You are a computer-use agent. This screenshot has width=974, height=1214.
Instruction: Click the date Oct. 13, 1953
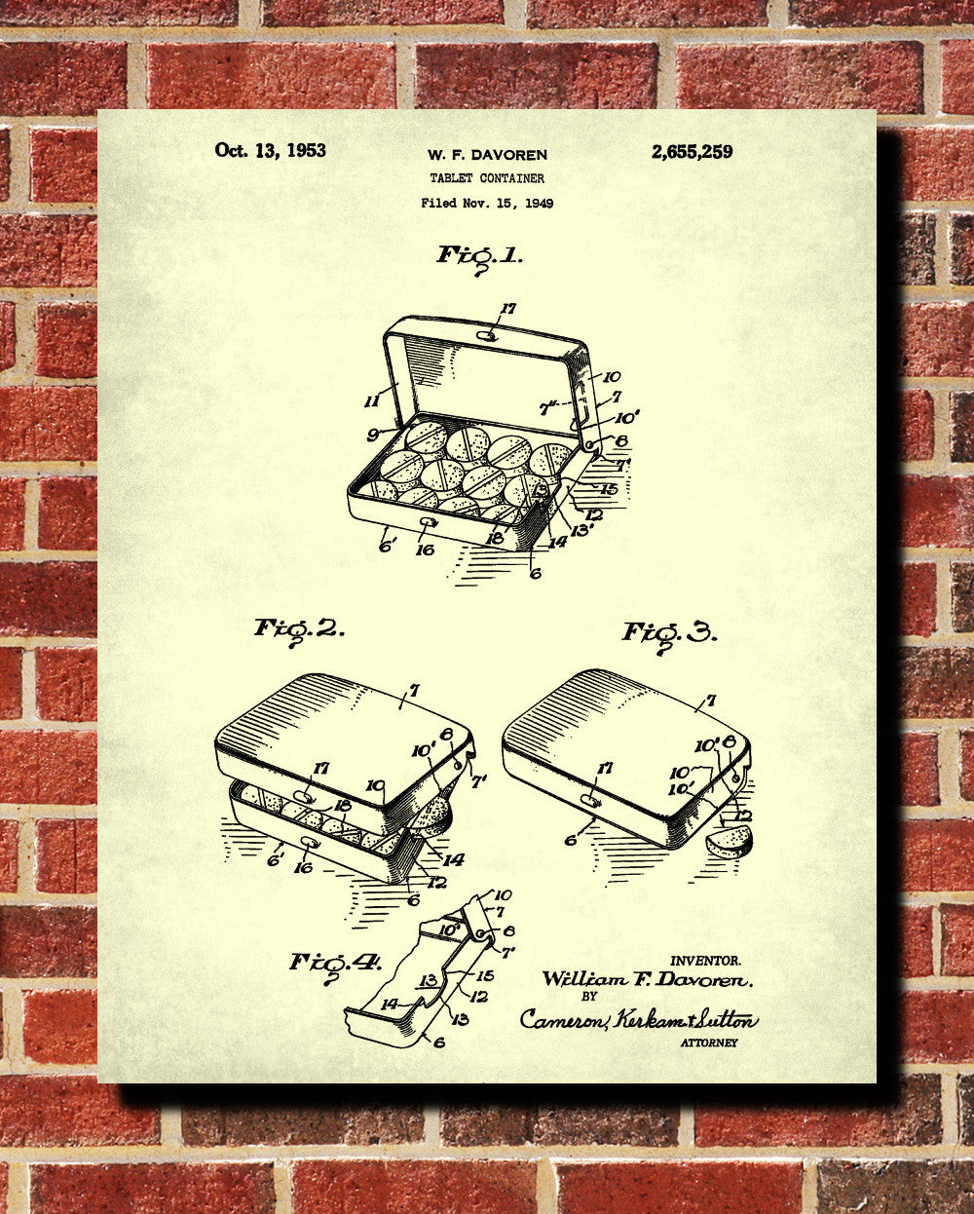coord(270,151)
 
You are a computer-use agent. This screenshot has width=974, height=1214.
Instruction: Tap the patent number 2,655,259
coord(692,152)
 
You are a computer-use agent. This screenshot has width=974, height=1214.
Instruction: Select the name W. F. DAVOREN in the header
coord(487,155)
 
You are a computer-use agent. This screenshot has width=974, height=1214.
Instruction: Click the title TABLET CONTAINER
coord(487,178)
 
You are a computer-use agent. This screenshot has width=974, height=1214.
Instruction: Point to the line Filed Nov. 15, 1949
coord(487,203)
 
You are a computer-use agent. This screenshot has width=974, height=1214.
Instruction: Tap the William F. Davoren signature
coord(647,979)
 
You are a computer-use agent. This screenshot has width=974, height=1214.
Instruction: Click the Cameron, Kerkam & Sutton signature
coord(639,1019)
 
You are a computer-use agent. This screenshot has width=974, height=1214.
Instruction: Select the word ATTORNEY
coord(709,1043)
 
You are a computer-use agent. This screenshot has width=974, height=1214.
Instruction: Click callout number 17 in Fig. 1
coord(508,309)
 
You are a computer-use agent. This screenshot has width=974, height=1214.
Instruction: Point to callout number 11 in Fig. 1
coord(373,401)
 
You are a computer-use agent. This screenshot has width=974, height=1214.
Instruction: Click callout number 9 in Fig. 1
coord(373,435)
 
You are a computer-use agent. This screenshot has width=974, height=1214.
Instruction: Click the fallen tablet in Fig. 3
coord(729,841)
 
